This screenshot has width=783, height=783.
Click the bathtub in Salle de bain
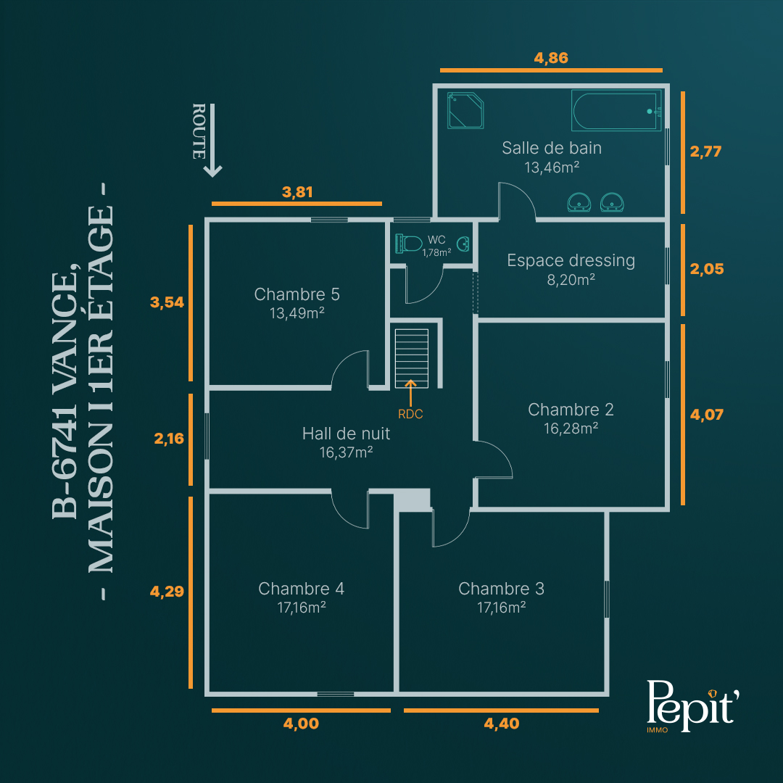pyautogui.click(x=616, y=110)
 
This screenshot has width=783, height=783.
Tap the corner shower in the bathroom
pyautogui.click(x=465, y=110)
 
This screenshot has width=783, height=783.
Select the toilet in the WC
pyautogui.click(x=409, y=244)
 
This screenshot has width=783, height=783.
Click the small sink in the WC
pyautogui.click(x=463, y=244)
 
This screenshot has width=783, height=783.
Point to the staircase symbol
pyautogui.click(x=412, y=358)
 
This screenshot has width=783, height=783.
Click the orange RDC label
pyautogui.click(x=410, y=414)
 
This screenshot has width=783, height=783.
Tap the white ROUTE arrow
pyautogui.click(x=212, y=141)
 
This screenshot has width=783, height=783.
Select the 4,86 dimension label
pyautogui.click(x=551, y=58)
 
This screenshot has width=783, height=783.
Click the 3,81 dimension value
pyautogui.click(x=297, y=191)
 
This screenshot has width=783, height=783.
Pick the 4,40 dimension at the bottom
pyautogui.click(x=502, y=724)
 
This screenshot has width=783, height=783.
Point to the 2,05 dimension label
pyautogui.click(x=707, y=269)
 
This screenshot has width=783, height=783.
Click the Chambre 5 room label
pyautogui.click(x=297, y=294)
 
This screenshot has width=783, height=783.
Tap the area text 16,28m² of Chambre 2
pyautogui.click(x=571, y=428)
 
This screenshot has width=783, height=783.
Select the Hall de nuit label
pyautogui.click(x=346, y=434)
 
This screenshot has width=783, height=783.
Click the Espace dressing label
pyautogui.click(x=571, y=261)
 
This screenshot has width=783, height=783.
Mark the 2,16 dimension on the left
pyautogui.click(x=169, y=439)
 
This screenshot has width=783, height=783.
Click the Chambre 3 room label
pyautogui.click(x=502, y=589)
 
